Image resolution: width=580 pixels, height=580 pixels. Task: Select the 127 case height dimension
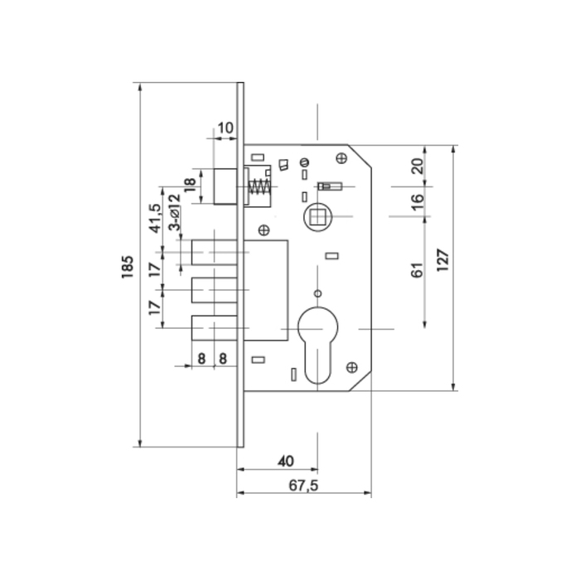click(x=443, y=266)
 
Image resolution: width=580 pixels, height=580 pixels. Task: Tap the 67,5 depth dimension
click(x=304, y=485)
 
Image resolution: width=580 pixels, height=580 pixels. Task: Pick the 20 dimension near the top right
click(x=417, y=165)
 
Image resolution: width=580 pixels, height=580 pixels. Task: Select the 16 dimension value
click(x=417, y=200)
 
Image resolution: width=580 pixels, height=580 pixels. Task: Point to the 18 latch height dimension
click(x=189, y=185)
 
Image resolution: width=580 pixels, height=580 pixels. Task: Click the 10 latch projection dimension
click(x=225, y=128)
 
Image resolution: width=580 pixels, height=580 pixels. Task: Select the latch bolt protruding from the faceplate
click(x=226, y=185)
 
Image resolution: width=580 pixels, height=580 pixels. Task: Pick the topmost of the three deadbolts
click(x=215, y=250)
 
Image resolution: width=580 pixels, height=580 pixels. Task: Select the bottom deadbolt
click(x=215, y=328)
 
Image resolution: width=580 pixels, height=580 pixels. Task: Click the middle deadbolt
click(x=215, y=289)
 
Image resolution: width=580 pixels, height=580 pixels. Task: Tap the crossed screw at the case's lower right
click(x=351, y=365)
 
